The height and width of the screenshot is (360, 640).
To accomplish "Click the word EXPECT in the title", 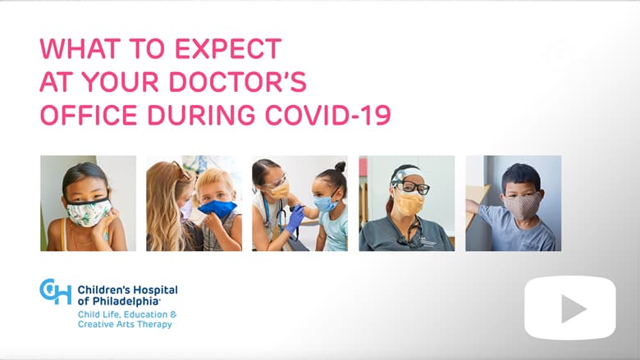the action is (228, 48).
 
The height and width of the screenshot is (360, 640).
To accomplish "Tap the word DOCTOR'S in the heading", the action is (238, 81).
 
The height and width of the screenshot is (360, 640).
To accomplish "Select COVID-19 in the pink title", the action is (328, 115).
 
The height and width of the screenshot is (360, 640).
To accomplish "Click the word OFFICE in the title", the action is (89, 115).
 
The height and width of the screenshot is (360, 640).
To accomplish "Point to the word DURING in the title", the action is (201, 115).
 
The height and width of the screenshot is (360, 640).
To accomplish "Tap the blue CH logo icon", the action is (56, 291).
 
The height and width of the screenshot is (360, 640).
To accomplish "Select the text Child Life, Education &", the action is (127, 314).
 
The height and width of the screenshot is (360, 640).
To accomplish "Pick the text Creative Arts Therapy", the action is (125, 324).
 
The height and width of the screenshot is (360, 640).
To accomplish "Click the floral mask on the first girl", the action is (88, 212).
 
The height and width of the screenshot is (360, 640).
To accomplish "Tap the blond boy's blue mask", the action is (217, 208).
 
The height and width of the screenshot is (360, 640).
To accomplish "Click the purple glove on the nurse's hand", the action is (295, 220).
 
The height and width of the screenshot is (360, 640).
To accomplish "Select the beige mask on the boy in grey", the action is (522, 205).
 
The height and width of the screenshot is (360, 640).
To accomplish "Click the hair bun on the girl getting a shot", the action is (340, 166).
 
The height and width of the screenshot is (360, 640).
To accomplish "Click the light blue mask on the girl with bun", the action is (325, 203).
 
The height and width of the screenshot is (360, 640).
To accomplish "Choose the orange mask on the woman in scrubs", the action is (409, 203).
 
